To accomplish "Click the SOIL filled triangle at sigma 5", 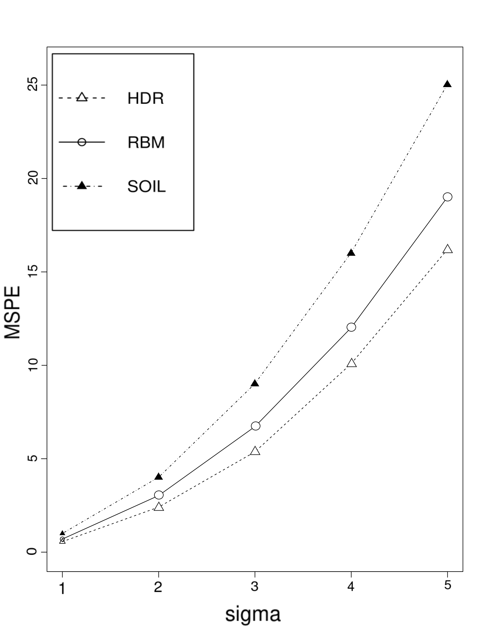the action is [447, 84].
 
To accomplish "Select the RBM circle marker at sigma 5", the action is [447, 197].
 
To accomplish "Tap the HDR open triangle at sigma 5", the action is [447, 249].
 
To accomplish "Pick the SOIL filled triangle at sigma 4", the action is [351, 253].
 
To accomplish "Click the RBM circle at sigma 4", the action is [351, 327].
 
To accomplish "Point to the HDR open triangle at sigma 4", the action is [351, 363].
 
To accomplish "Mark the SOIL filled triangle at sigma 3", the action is [255, 383].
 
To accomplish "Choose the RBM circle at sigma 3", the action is [255, 426].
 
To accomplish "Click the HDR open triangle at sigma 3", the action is [255, 451].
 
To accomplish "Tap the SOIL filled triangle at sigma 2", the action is [159, 477].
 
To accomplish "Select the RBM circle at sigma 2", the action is [159, 495].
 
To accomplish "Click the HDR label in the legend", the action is [146, 98].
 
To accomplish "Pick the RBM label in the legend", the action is [146, 143].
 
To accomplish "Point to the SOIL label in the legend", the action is [147, 187].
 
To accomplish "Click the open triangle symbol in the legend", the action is [82, 97].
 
